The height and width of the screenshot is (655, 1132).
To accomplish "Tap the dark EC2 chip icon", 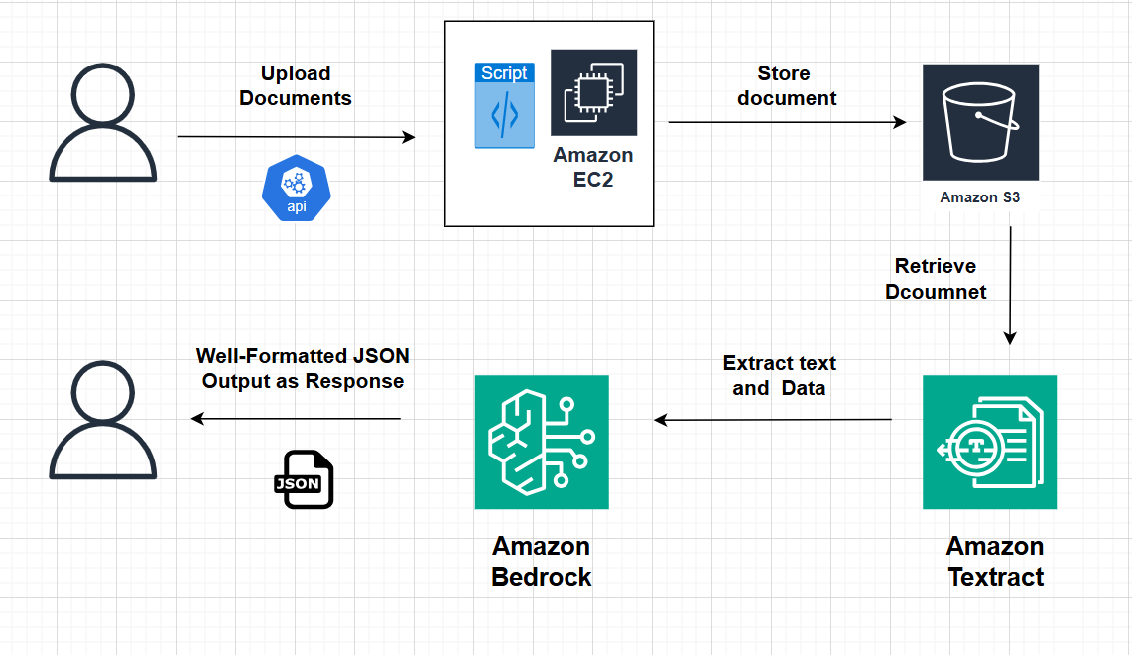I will coord(593,92).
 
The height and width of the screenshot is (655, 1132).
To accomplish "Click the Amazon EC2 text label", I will coord(593,168).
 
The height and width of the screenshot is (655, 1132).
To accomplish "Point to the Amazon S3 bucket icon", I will coord(980,122).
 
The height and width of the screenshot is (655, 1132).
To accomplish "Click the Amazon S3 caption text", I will coord(980,197).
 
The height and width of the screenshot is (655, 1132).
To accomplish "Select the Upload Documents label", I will coord(296,86).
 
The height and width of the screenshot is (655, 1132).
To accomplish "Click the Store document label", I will coord(787,86).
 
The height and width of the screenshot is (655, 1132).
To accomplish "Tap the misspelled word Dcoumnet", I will coord(936,292).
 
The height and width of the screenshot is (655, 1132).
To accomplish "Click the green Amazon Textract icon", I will coord(989,442).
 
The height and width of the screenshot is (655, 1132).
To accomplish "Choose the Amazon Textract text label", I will coord(995,562).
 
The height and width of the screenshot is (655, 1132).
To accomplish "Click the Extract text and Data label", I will coord(780,375).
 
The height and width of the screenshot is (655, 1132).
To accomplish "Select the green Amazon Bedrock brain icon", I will coord(542,442).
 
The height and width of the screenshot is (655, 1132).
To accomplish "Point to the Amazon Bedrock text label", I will coord(542,562).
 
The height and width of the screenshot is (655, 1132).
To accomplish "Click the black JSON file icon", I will coord(304,480).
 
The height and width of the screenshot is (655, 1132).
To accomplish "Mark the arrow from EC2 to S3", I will coord(787,122).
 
